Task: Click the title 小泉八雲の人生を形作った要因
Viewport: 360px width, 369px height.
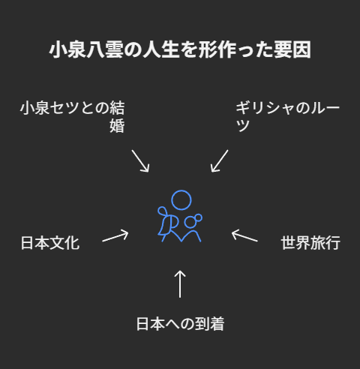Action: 180,49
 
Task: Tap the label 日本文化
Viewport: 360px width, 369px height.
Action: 50,243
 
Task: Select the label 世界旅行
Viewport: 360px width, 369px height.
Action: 310,243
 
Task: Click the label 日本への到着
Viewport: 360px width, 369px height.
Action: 180,324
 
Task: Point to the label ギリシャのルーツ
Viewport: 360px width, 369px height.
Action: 288,116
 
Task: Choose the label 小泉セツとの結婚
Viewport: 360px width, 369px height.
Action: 72,116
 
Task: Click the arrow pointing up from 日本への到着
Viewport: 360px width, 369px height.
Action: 180,284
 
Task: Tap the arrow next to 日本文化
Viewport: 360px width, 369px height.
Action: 115,236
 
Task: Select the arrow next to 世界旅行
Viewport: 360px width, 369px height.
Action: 244,235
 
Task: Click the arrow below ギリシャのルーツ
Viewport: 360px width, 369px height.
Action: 220,161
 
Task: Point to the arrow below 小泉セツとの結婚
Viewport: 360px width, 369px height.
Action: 140,161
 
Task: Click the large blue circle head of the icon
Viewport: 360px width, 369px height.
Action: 181,200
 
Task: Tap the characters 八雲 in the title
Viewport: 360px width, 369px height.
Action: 105,49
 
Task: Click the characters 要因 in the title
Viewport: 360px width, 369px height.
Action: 292,49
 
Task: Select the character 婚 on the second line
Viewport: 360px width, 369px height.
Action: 117,126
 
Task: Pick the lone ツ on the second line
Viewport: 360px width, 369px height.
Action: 243,126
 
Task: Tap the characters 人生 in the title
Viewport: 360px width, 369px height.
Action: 161,49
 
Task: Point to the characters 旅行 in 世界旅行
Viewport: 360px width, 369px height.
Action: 325,243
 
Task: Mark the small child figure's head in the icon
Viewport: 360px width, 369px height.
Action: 190,222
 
